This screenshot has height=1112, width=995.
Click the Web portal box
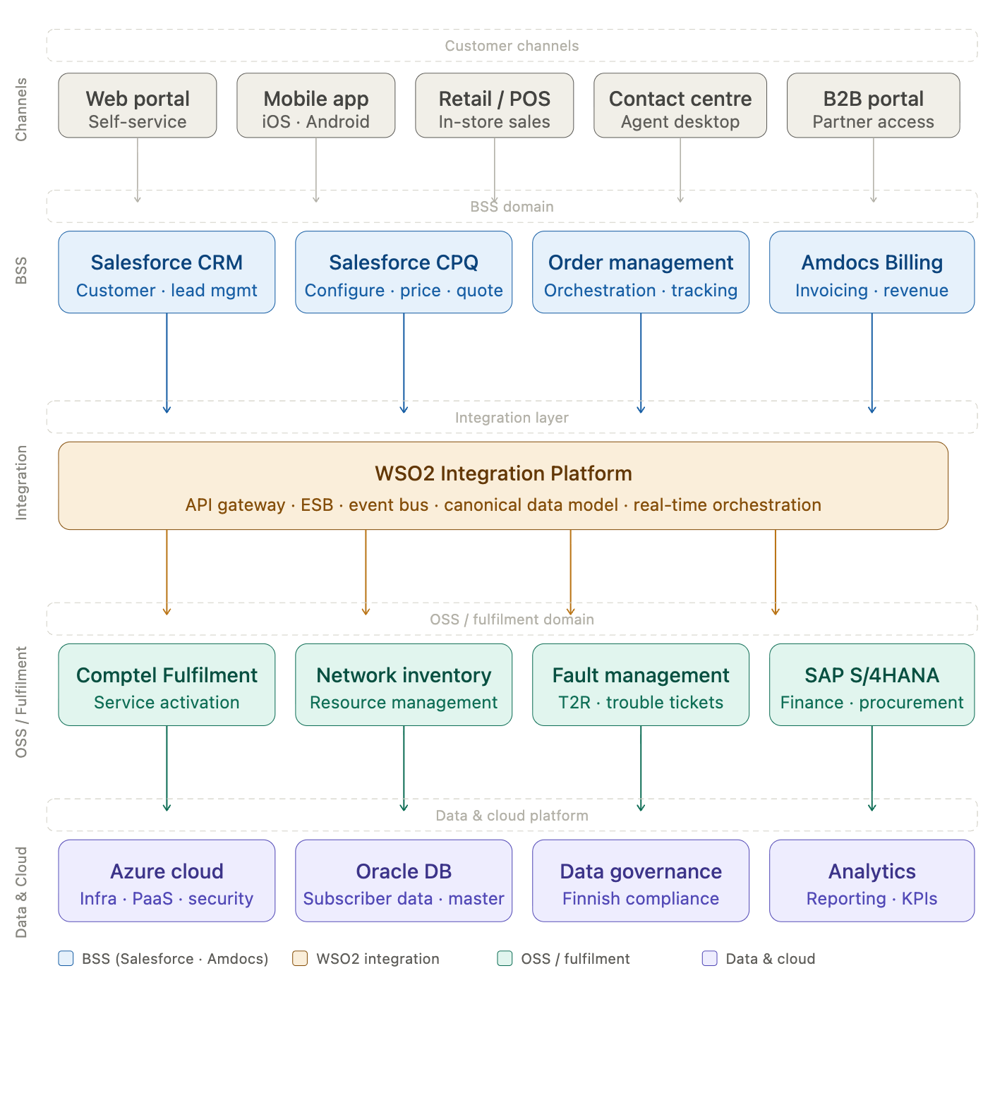[x=138, y=106]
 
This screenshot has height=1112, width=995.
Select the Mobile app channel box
[x=316, y=106]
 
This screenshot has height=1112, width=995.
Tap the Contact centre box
[x=680, y=106]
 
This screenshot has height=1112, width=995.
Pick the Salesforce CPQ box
[x=404, y=272]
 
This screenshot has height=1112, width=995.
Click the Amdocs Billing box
[x=872, y=272]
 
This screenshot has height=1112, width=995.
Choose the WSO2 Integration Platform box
[x=503, y=486]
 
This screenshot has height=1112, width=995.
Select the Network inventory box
[x=404, y=684]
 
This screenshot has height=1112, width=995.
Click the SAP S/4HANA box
[x=872, y=684]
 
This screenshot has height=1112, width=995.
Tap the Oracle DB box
[x=404, y=881]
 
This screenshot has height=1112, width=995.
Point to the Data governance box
[x=641, y=881]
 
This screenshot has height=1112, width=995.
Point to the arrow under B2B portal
[x=874, y=169]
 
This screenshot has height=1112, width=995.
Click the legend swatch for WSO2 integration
[x=300, y=958]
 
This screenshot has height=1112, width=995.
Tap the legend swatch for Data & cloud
[x=710, y=958]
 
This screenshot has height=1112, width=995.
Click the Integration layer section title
[x=512, y=418]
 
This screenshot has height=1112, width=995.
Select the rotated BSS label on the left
[x=21, y=271]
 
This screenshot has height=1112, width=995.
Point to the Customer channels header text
[x=512, y=46]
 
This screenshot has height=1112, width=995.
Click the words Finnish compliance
[x=641, y=898]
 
